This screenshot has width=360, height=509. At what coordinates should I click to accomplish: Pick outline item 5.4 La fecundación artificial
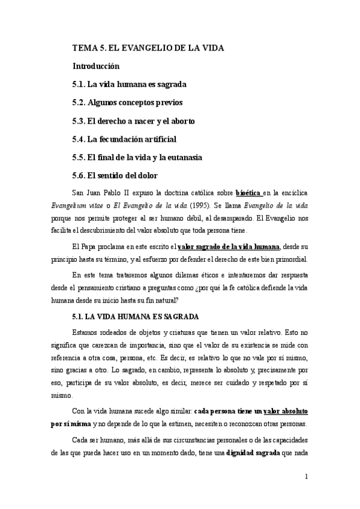[x=124, y=139]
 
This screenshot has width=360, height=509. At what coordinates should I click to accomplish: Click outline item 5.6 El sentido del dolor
[x=114, y=175]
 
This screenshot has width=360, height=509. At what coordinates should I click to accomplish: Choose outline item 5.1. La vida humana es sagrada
[x=128, y=84]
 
